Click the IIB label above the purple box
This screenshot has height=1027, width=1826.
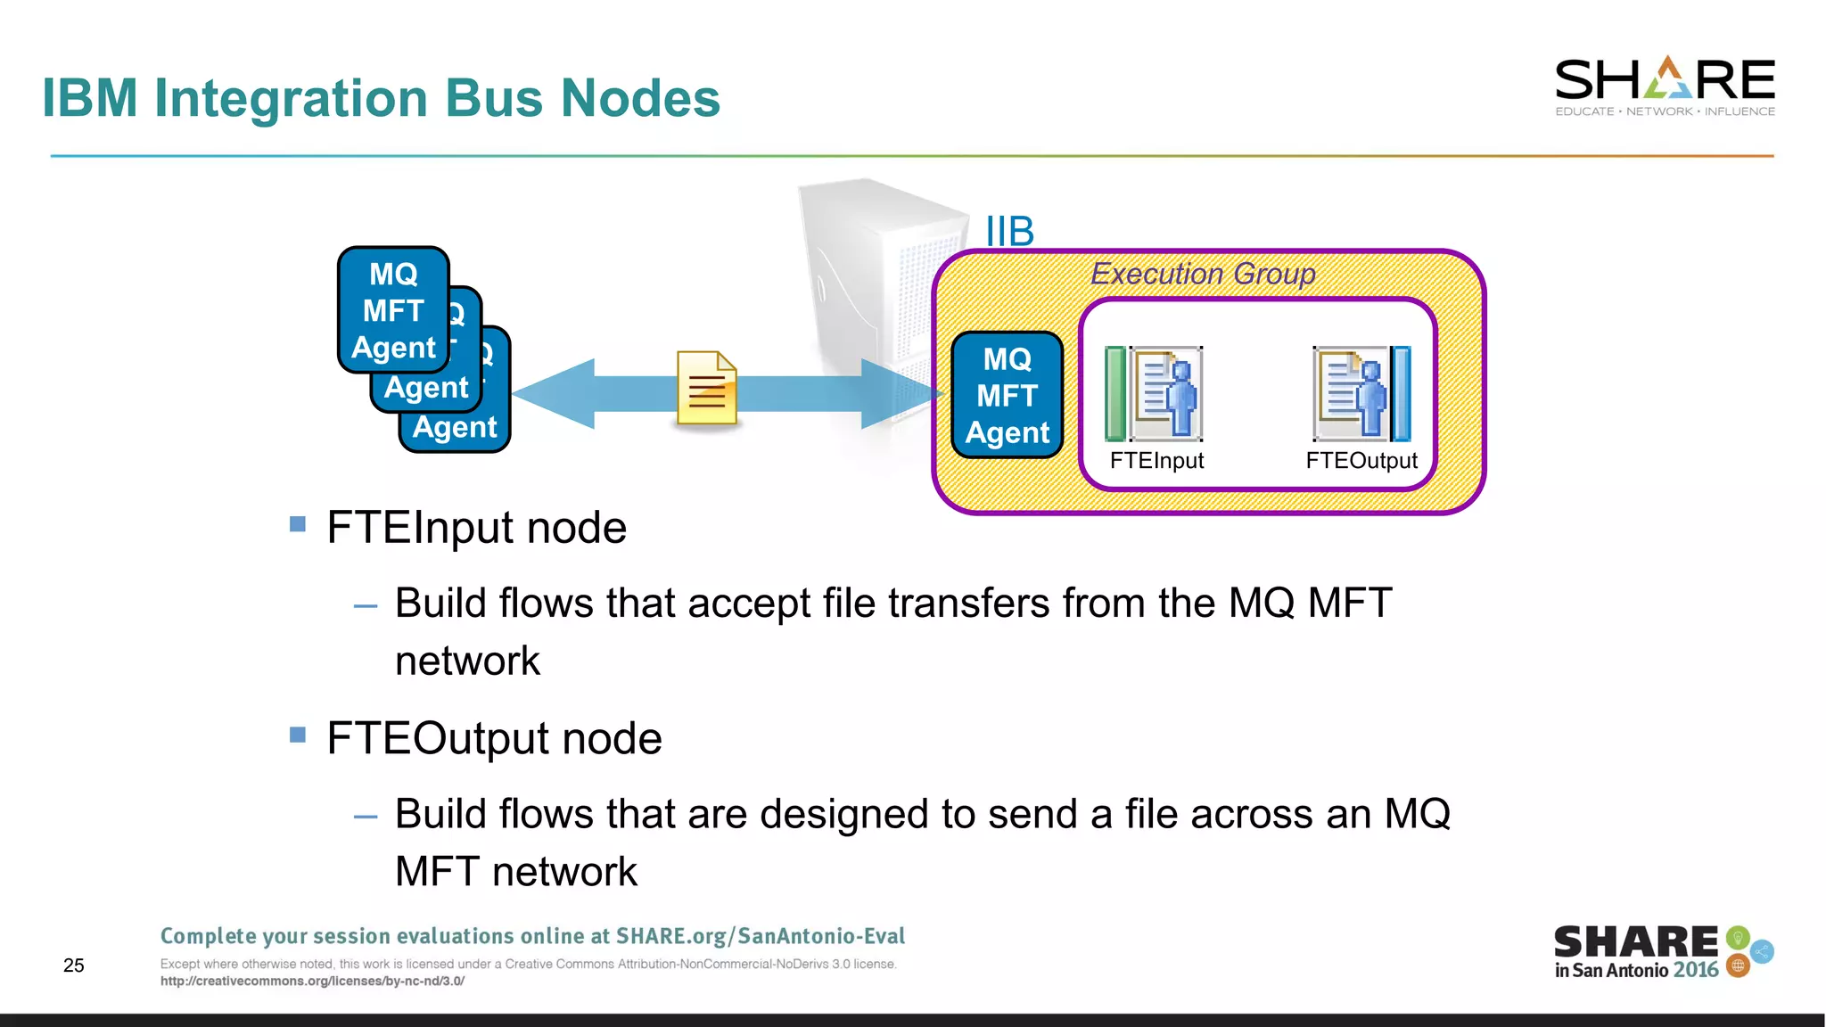pos(1009,232)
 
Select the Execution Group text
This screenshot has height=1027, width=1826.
pos(1203,274)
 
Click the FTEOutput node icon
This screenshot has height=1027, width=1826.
pos(1361,394)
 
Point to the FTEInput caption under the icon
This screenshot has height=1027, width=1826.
pos(1156,461)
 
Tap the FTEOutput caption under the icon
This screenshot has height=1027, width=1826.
pos(1361,461)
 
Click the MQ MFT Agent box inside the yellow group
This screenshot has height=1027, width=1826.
pos(1008,395)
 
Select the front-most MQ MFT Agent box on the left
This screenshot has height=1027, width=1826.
pos(393,310)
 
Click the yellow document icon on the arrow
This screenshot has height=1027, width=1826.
pos(707,388)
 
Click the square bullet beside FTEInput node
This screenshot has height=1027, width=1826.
pos(298,524)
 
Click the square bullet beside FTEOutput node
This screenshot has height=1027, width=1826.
pos(298,735)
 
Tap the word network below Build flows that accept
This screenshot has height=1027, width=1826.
pos(467,661)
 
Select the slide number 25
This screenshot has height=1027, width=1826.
pos(74,965)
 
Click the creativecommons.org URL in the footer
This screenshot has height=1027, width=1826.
pos(312,982)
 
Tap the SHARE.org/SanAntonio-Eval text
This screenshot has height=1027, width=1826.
pos(760,936)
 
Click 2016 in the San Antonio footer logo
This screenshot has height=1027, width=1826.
pos(1696,970)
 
